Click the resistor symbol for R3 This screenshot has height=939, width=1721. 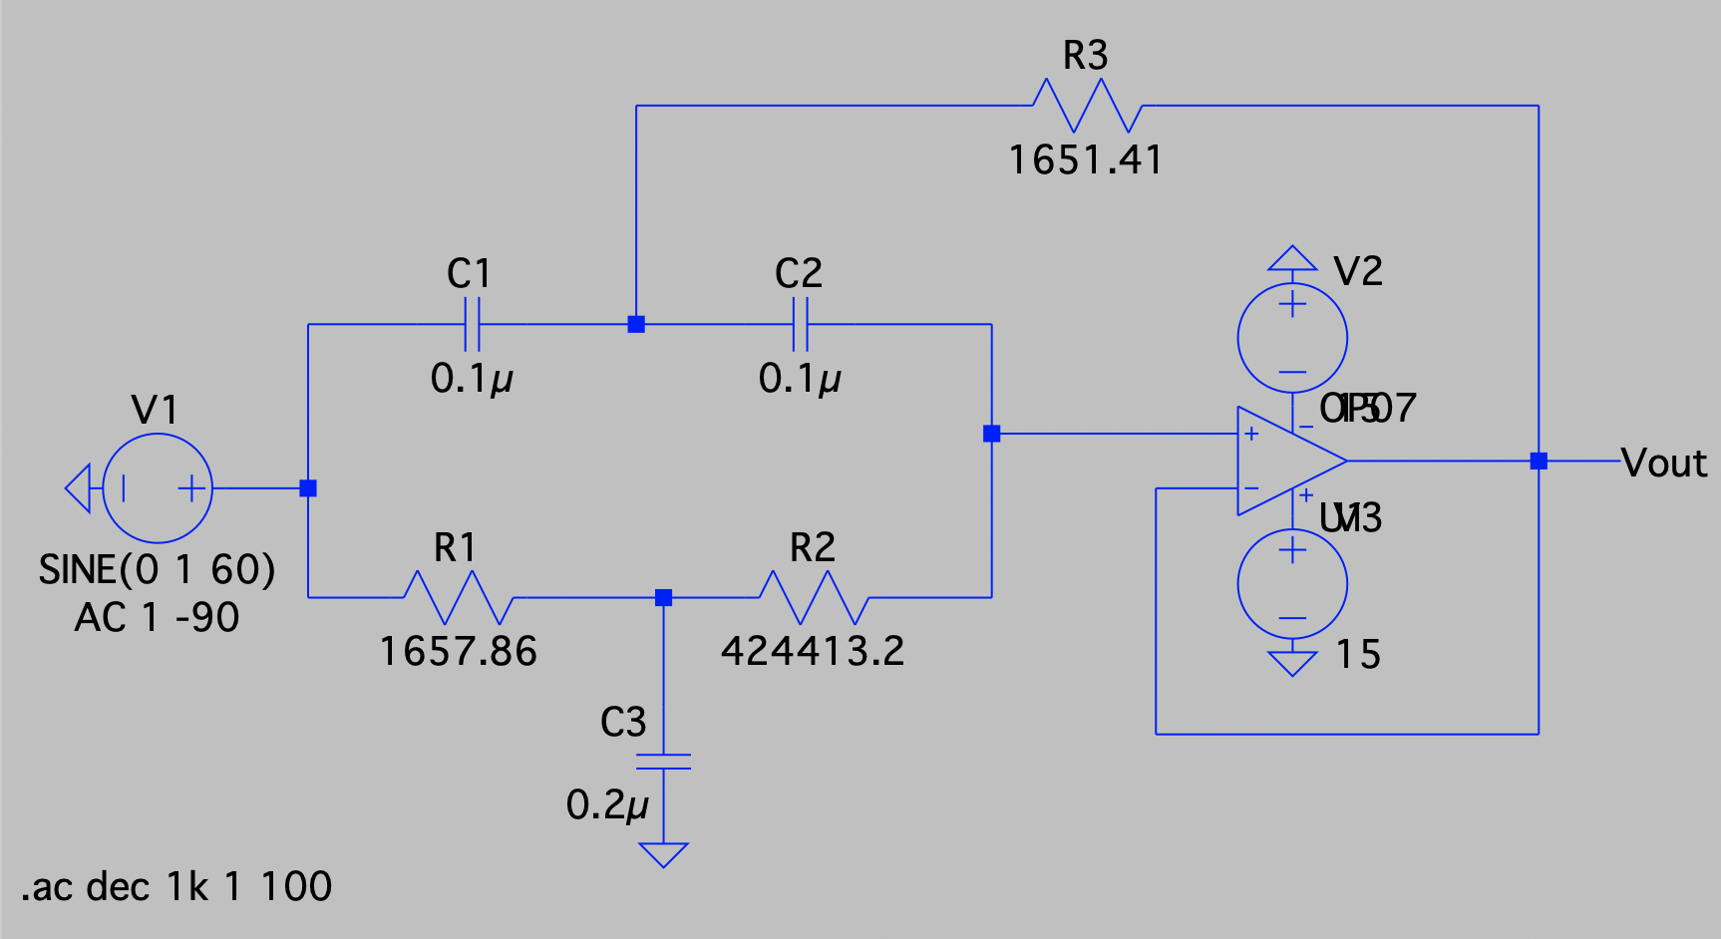[1086, 106]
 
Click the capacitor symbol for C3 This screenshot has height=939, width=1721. [663, 762]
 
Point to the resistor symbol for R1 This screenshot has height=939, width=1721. [458, 597]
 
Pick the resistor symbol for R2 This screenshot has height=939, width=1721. [814, 597]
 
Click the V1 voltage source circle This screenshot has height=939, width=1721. [158, 488]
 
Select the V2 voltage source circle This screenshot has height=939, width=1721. [1292, 337]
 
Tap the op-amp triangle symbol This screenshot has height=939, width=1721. [1286, 461]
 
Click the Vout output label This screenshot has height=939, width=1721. [1664, 464]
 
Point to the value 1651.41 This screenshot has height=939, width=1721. [1086, 160]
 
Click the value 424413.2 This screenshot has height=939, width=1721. [814, 652]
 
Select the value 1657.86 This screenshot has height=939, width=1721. [459, 652]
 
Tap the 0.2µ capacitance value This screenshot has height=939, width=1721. [607, 805]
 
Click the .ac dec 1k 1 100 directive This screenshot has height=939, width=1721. [176, 887]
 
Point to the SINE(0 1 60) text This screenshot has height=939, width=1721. [157, 570]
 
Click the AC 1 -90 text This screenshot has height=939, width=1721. [157, 618]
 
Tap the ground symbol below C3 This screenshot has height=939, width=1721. [663, 854]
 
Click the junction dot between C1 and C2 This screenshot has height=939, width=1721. [636, 324]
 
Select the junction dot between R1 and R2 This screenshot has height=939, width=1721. [663, 597]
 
